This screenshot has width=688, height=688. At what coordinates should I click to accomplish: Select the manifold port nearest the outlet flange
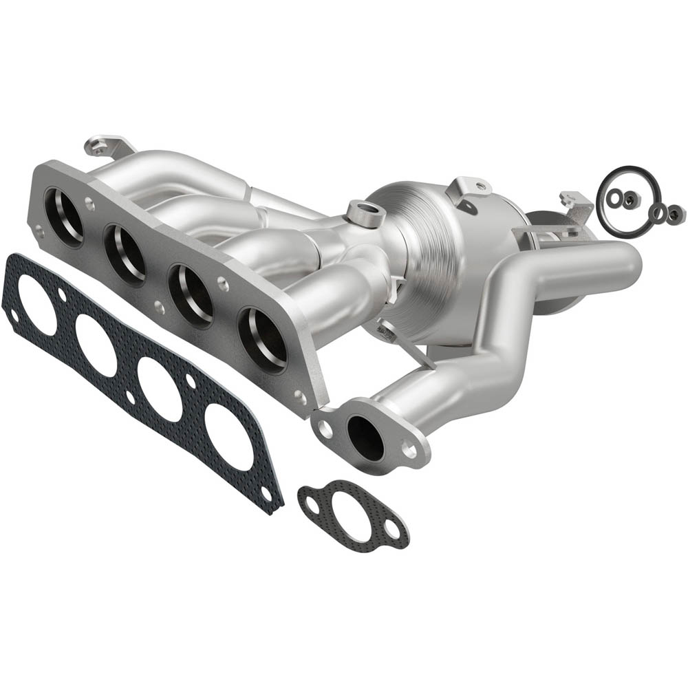[263, 337]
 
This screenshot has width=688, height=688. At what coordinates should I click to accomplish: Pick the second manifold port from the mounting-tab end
[126, 254]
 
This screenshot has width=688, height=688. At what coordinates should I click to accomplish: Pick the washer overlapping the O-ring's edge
[660, 213]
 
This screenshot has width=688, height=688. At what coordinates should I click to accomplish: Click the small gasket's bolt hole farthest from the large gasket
[391, 528]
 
